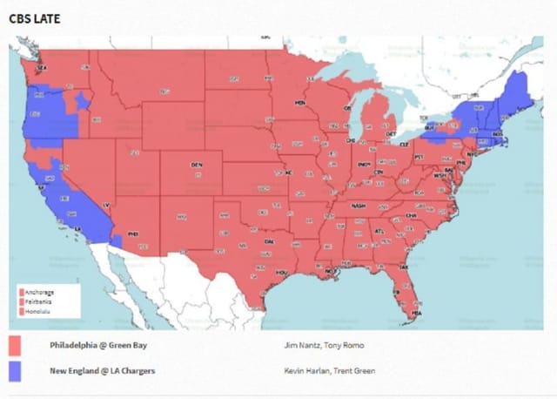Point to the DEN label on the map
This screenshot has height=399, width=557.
coord(197,164)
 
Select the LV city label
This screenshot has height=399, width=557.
coord(106,205)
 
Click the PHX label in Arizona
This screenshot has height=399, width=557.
coord(133,233)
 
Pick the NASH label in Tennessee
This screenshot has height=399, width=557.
coord(359,206)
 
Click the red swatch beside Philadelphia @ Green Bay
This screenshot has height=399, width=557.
coord(15,346)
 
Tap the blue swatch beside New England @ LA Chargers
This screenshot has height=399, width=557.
coord(15,371)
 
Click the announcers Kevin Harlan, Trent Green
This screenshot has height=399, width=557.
coord(321,371)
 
